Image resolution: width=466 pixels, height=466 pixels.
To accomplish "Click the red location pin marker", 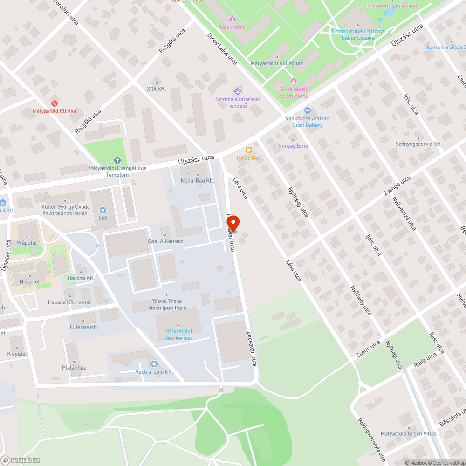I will (x=233, y=224).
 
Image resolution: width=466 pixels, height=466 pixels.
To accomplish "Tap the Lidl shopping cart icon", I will (x=103, y=210).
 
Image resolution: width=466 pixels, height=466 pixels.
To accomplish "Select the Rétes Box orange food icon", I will (x=249, y=150).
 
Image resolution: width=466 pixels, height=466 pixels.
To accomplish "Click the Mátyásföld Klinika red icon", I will (x=54, y=103).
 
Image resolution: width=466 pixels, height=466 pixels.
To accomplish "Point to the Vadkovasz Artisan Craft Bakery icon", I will (x=307, y=110).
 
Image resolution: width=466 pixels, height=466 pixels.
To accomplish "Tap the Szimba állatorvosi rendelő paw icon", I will (x=238, y=91).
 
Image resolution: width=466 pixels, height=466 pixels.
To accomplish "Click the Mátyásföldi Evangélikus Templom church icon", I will (x=117, y=160).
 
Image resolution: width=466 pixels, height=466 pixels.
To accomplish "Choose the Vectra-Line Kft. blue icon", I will (x=154, y=364).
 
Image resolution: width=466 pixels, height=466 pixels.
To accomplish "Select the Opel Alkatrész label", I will (x=165, y=241).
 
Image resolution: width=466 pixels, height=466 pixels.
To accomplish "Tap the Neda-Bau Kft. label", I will (x=198, y=180).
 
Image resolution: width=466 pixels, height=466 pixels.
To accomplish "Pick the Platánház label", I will (x=74, y=367).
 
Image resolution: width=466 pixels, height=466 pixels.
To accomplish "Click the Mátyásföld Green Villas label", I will (x=408, y=434).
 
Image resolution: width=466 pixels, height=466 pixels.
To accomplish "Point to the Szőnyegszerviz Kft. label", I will (x=418, y=144).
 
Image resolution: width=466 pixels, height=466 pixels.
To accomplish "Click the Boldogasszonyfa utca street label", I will (x=371, y=439).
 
